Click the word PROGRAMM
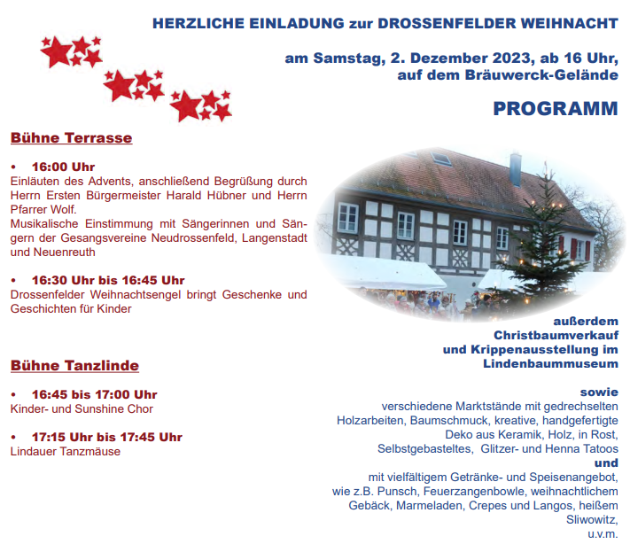pyautogui.click(x=556, y=108)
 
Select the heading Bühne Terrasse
pyautogui.click(x=71, y=138)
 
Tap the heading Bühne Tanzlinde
pyautogui.click(x=74, y=366)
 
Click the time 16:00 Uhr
pyautogui.click(x=64, y=167)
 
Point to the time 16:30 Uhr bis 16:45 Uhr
pyautogui.click(x=108, y=280)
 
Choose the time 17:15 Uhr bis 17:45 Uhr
pyautogui.click(x=107, y=437)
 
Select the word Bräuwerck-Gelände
pyautogui.click(x=541, y=74)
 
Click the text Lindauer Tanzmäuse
pyautogui.click(x=65, y=451)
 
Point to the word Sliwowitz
pyautogui.click(x=592, y=519)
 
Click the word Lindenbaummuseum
pyautogui.click(x=550, y=363)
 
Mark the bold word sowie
pyautogui.click(x=599, y=392)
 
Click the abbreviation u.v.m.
pyautogui.click(x=603, y=534)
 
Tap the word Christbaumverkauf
pyautogui.click(x=556, y=335)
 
